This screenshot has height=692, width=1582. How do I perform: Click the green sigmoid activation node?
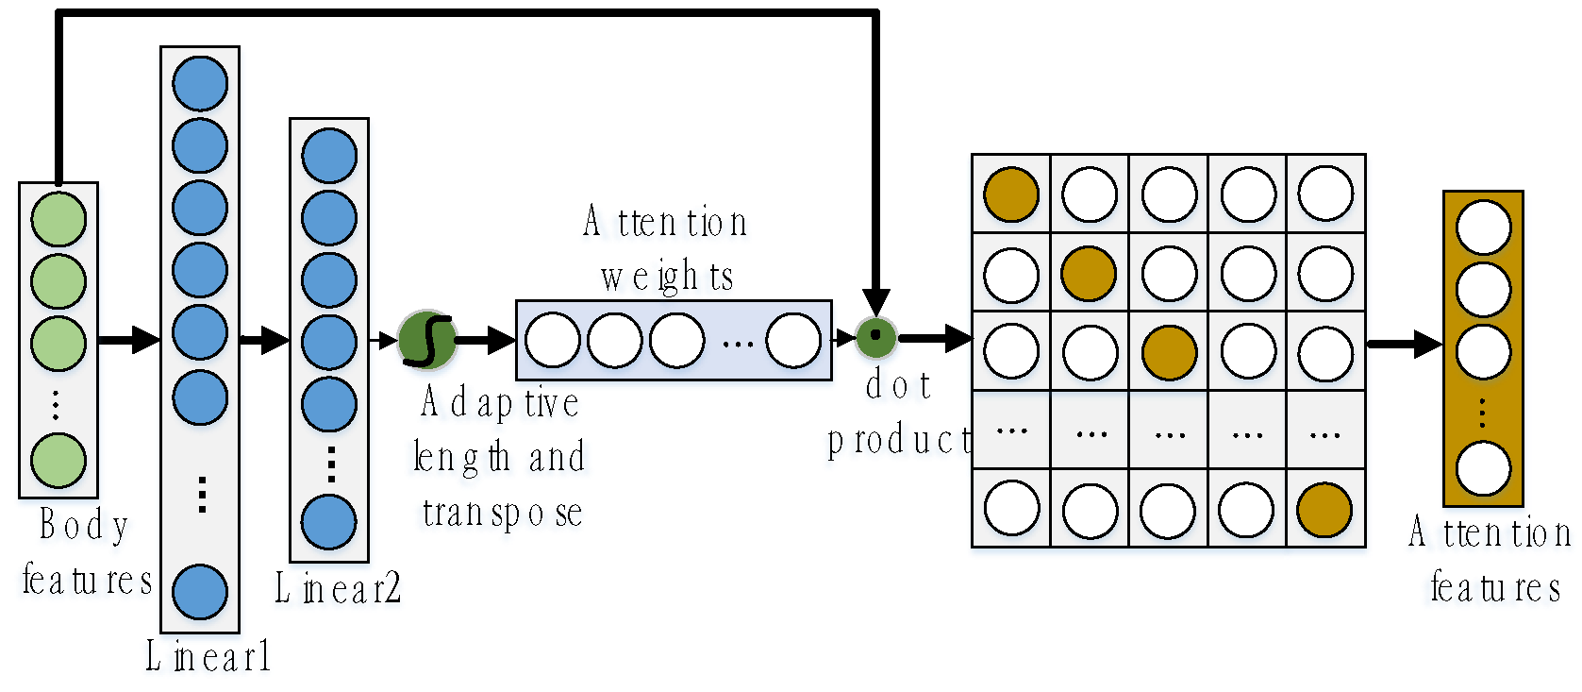(x=427, y=339)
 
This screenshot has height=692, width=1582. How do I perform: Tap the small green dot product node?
(x=875, y=336)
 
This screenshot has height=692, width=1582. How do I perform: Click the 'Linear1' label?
(x=208, y=656)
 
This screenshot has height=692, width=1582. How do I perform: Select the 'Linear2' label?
(x=338, y=588)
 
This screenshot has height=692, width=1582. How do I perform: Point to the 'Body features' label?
(x=86, y=552)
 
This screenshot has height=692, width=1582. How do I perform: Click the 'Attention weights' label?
(x=666, y=249)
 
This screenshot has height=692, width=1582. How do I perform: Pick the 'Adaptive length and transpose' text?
(x=501, y=458)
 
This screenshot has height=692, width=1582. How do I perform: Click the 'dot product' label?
(x=899, y=413)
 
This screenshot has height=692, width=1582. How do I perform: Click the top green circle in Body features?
(x=58, y=219)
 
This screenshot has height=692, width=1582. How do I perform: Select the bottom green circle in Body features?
(x=58, y=461)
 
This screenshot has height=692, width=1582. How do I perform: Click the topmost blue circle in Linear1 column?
(x=200, y=83)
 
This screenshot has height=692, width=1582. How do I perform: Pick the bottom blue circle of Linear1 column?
(x=200, y=592)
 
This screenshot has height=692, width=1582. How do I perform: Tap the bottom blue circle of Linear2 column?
(x=328, y=522)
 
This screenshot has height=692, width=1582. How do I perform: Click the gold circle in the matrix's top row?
(x=1011, y=194)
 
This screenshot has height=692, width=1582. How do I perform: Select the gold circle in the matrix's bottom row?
(x=1324, y=510)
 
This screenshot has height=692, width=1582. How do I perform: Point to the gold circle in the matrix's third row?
(x=1169, y=352)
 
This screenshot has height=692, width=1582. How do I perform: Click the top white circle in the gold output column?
(x=1483, y=228)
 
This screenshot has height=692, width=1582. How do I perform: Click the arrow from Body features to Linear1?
(x=129, y=339)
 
